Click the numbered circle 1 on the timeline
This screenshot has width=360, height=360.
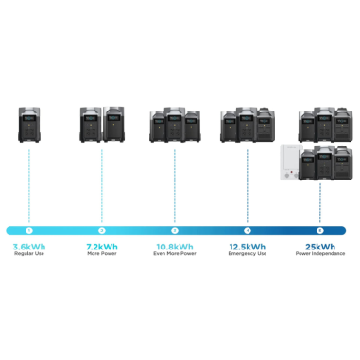pyautogui.click(x=29, y=230)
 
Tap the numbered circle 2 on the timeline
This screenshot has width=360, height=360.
pyautogui.click(x=102, y=230)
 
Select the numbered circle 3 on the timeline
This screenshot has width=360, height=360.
pyautogui.click(x=174, y=230)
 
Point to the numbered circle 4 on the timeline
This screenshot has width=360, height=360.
pyautogui.click(x=247, y=230)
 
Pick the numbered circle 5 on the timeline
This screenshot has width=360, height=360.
pyautogui.click(x=319, y=230)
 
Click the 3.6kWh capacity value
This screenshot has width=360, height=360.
pyautogui.click(x=29, y=247)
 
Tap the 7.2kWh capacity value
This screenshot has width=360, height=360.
pyautogui.click(x=102, y=247)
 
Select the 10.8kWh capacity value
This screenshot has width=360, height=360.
pyautogui.click(x=174, y=247)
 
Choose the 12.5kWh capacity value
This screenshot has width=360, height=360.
pyautogui.click(x=247, y=247)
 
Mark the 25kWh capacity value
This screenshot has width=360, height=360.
pyautogui.click(x=319, y=247)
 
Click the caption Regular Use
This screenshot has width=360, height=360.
pyautogui.click(x=29, y=256)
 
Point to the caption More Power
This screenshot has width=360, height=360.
pyautogui.click(x=102, y=256)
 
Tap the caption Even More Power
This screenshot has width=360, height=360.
pyautogui.click(x=174, y=256)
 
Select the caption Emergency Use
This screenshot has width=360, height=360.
pyautogui.click(x=247, y=256)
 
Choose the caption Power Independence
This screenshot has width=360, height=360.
pyautogui.click(x=319, y=256)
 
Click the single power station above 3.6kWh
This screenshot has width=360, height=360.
pyautogui.click(x=29, y=126)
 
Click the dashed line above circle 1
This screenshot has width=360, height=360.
pyautogui.click(x=29, y=184)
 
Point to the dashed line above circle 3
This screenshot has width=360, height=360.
pyautogui.click(x=174, y=184)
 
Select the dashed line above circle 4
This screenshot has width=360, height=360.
pyautogui.click(x=247, y=184)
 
